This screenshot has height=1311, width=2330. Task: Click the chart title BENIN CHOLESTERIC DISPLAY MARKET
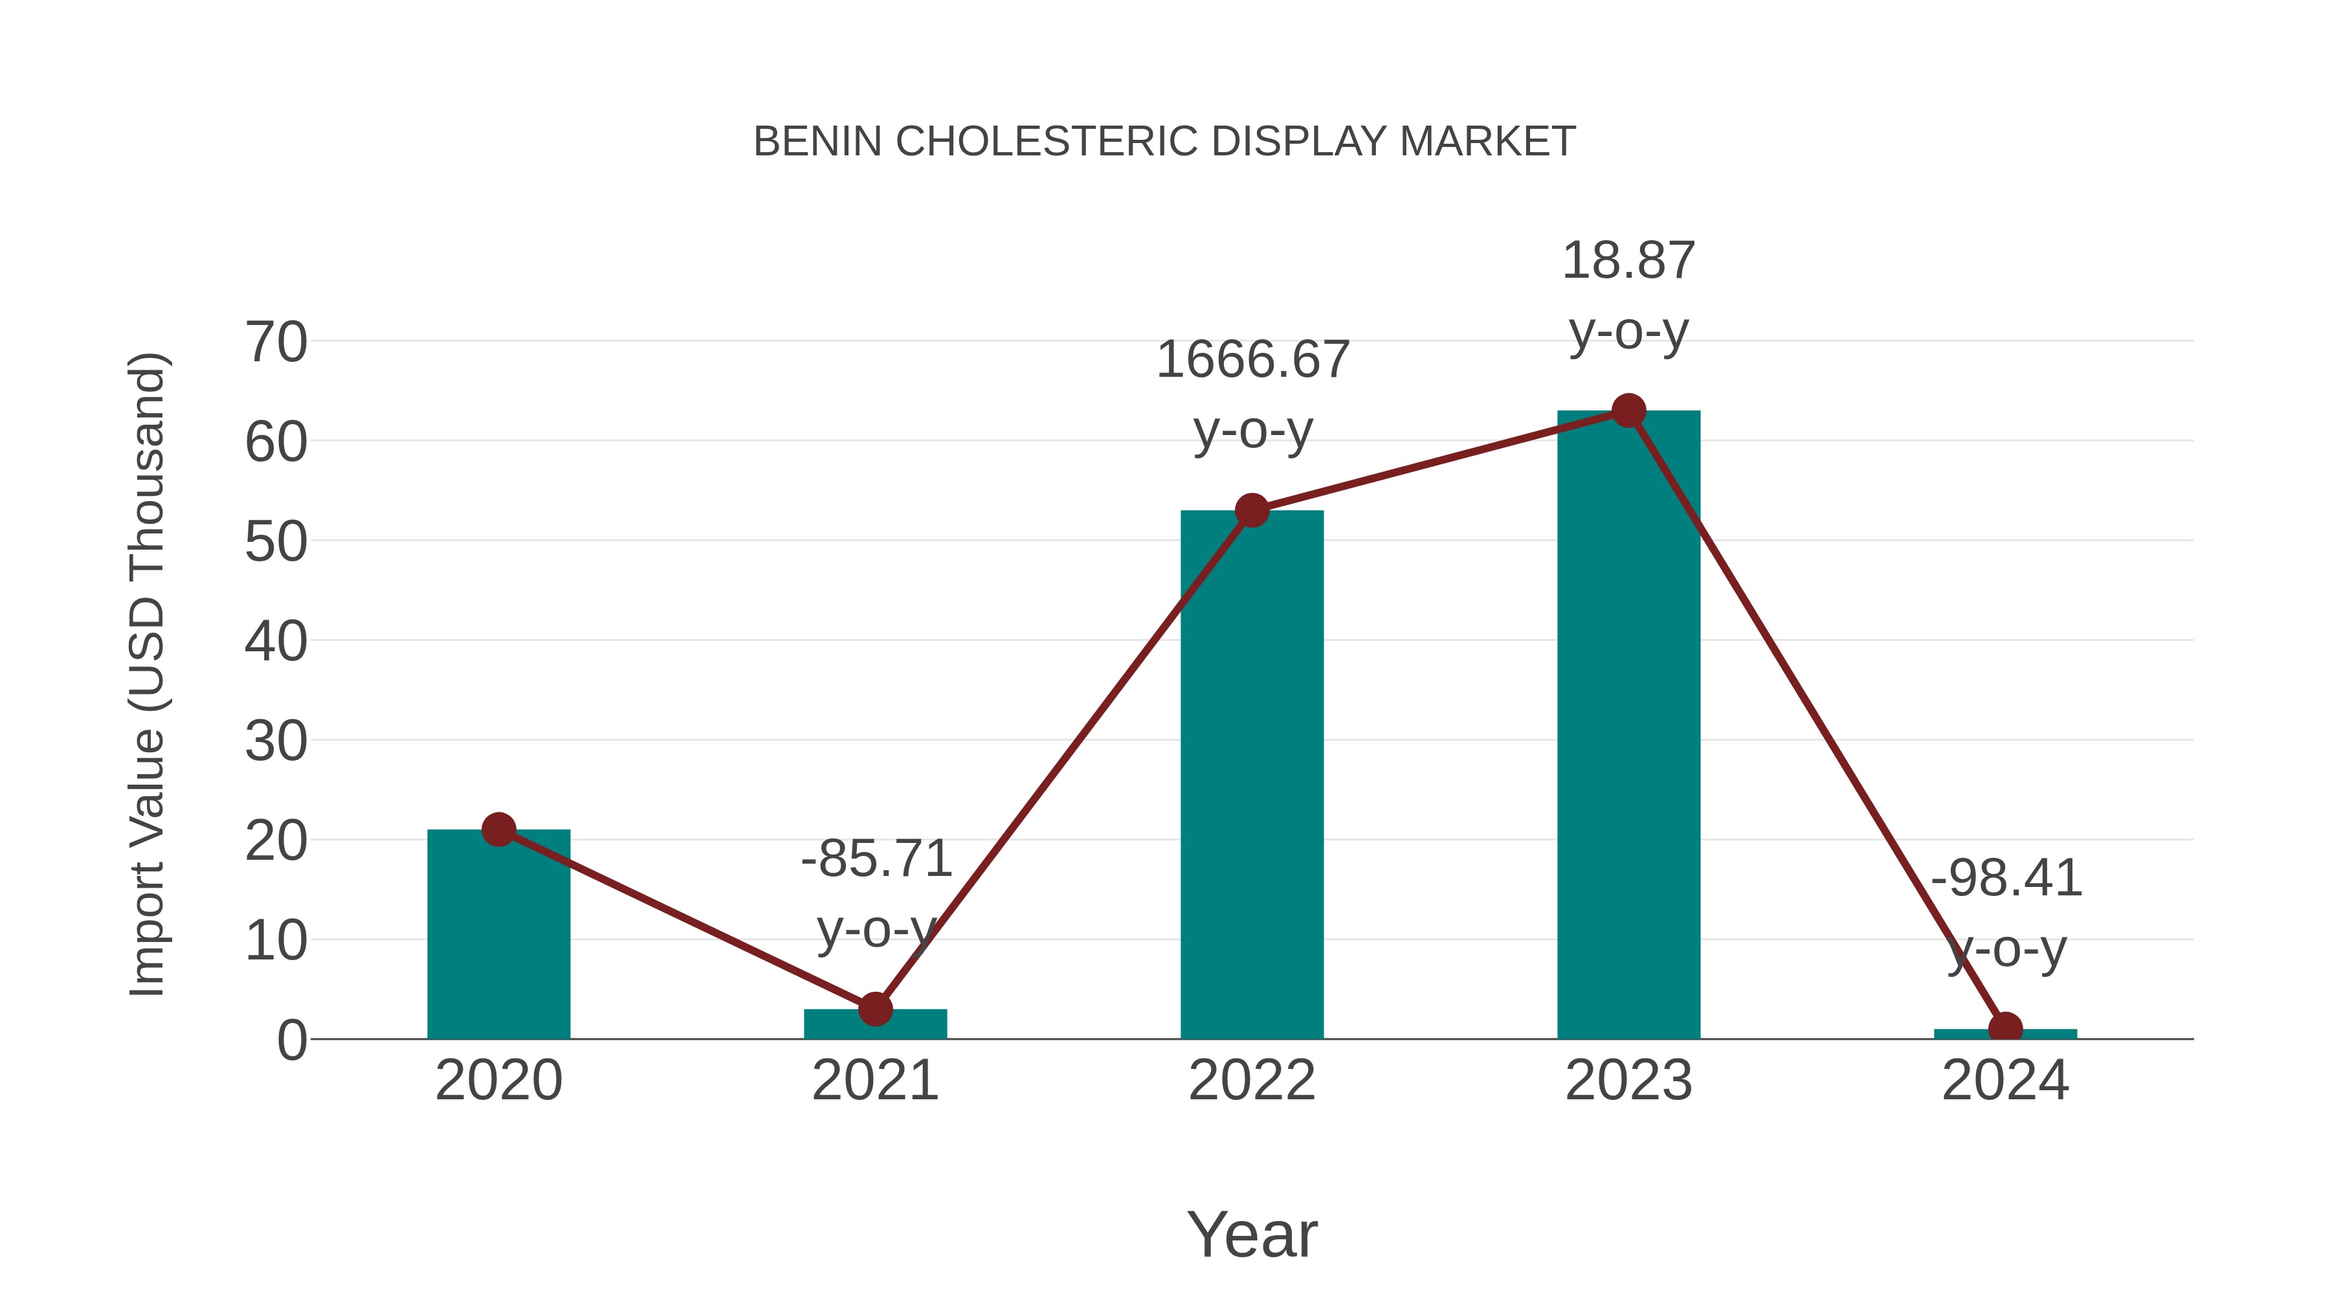point(1164,142)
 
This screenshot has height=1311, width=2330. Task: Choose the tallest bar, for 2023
point(1628,724)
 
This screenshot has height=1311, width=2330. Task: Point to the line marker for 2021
point(874,1008)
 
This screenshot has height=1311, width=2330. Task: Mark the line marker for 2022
point(1252,511)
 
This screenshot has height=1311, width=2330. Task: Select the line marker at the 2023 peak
point(1628,410)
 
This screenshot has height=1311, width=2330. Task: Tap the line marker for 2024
point(2005,1029)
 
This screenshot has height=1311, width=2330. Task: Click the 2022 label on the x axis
point(1252,1081)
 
